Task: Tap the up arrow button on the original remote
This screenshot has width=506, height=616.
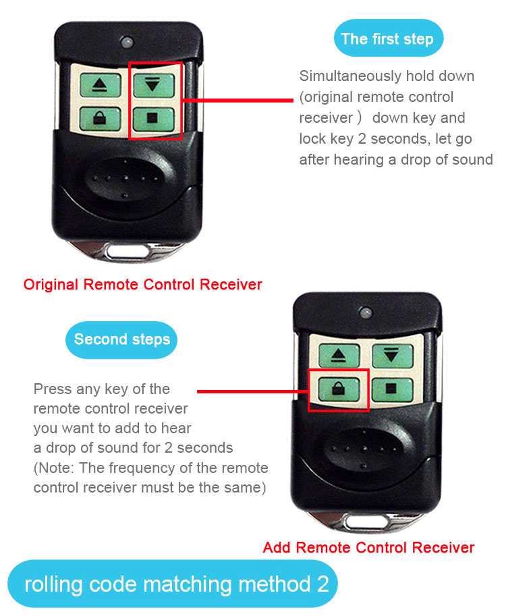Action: click(x=100, y=85)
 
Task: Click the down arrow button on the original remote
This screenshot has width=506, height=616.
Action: click(x=154, y=85)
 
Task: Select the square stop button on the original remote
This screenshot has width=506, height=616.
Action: click(x=153, y=119)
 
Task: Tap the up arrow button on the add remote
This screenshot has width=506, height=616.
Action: click(x=339, y=356)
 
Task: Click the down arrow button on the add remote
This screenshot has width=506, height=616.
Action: click(x=393, y=356)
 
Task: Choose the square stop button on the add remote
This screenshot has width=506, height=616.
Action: click(x=392, y=389)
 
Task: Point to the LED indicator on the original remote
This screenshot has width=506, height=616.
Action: click(x=127, y=42)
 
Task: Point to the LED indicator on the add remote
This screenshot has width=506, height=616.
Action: click(x=366, y=313)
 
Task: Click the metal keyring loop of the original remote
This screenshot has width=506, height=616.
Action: click(x=128, y=251)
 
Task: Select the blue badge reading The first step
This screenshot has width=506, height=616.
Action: click(x=388, y=38)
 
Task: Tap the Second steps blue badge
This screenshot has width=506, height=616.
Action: click(x=121, y=339)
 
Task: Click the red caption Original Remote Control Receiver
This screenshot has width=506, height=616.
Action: click(x=142, y=285)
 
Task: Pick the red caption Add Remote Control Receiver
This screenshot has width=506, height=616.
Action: click(x=368, y=547)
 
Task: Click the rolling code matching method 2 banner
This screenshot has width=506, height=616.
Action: click(x=173, y=584)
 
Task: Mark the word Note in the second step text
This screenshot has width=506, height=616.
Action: click(x=55, y=468)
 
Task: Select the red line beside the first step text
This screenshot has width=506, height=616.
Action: click(x=237, y=101)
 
